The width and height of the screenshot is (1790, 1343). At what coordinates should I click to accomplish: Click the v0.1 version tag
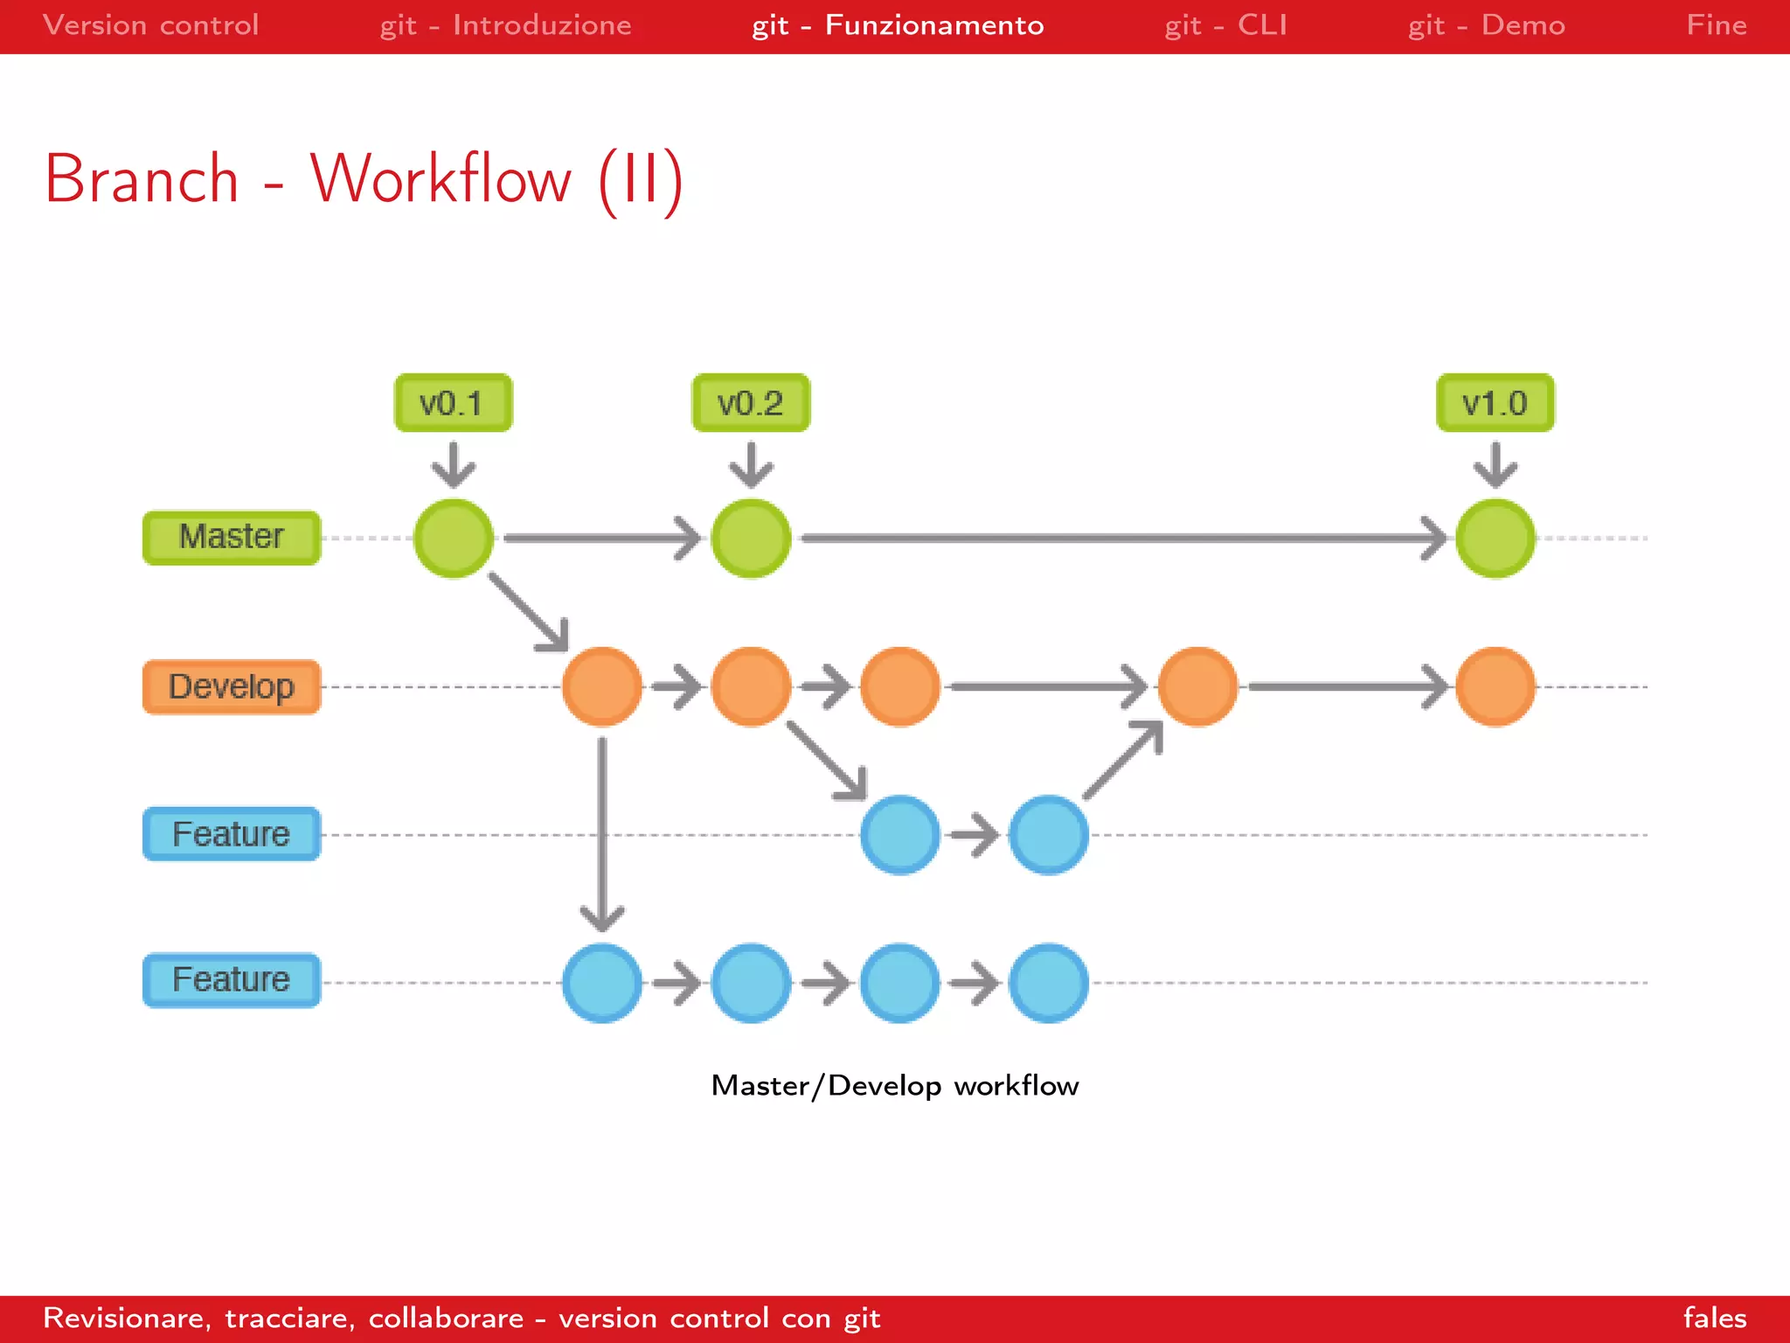(x=453, y=403)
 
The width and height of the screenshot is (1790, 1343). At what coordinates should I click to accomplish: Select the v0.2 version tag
(x=751, y=403)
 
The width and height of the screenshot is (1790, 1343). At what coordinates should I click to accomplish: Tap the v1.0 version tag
(x=1495, y=403)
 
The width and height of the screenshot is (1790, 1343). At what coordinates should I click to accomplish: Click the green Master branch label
(x=232, y=537)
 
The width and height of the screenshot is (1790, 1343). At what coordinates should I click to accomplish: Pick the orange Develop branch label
(x=232, y=686)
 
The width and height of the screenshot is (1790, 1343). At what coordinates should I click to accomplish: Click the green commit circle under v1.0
(x=1495, y=538)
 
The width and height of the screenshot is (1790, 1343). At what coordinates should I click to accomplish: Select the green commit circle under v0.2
(x=751, y=538)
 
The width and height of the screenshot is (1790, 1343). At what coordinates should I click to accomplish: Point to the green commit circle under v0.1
(x=453, y=538)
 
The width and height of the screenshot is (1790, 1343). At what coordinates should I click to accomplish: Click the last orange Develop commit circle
(x=1495, y=686)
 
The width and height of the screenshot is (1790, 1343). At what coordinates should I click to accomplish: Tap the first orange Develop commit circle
(x=602, y=686)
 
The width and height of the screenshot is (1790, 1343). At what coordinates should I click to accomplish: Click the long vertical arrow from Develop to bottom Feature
(x=602, y=831)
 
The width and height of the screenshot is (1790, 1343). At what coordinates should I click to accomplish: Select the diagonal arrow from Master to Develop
(x=527, y=612)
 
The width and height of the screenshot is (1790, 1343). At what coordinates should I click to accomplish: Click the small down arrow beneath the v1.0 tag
(x=1495, y=464)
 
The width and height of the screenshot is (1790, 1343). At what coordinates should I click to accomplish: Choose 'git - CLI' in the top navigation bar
(x=1225, y=25)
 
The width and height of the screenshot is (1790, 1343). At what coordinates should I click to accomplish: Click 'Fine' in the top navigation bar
(x=1716, y=25)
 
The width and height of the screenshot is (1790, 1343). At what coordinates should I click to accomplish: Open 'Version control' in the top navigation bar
(x=150, y=25)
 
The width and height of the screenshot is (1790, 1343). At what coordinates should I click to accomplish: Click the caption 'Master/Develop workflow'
(x=894, y=1085)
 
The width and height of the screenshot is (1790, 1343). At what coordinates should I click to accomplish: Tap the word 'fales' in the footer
(x=1714, y=1318)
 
